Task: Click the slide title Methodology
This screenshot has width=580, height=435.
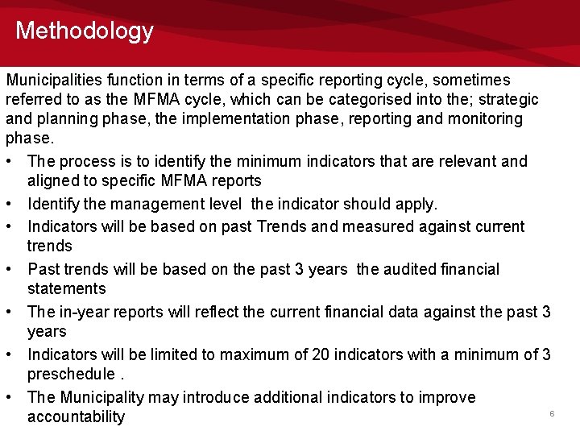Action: [x=84, y=31]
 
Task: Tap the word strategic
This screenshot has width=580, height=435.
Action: [x=507, y=99]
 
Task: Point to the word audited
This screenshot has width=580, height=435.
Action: [x=413, y=269]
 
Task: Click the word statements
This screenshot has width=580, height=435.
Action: [x=66, y=288]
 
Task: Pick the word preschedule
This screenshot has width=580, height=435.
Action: [x=69, y=375]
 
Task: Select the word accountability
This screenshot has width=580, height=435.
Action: [x=76, y=416]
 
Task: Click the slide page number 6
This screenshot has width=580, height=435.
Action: [x=552, y=413]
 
